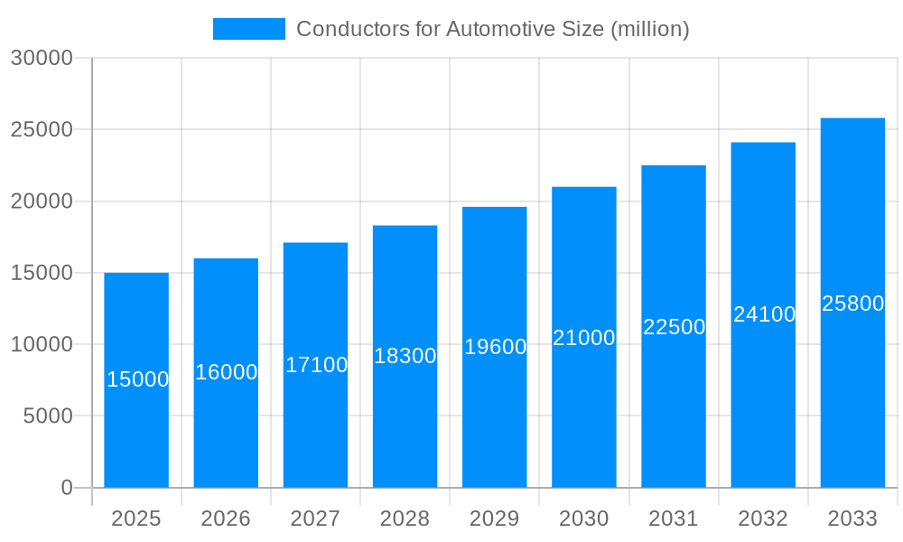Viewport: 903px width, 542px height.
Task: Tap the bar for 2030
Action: [x=584, y=416]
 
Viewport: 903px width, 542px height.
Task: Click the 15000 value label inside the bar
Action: [x=137, y=379]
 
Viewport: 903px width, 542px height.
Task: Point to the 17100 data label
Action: [x=316, y=365]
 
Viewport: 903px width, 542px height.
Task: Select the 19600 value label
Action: [x=495, y=347]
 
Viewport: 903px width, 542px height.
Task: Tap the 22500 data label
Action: [x=674, y=327]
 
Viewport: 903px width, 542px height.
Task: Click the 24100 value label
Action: [x=764, y=314]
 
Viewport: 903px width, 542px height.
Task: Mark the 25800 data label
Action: [x=852, y=304]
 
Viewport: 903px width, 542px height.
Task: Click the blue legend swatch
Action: [x=248, y=29]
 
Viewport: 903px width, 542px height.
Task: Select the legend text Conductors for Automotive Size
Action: [x=492, y=29]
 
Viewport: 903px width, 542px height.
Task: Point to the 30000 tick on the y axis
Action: [x=41, y=58]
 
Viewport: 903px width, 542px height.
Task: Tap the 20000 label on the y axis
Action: [x=41, y=201]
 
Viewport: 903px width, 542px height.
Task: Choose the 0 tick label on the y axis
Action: [x=66, y=488]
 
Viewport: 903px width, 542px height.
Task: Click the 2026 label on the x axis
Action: [x=226, y=519]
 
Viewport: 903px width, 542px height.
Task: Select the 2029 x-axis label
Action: [x=495, y=519]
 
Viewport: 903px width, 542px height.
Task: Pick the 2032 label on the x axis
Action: [x=763, y=519]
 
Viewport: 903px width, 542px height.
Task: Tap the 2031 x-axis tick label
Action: [x=674, y=519]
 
